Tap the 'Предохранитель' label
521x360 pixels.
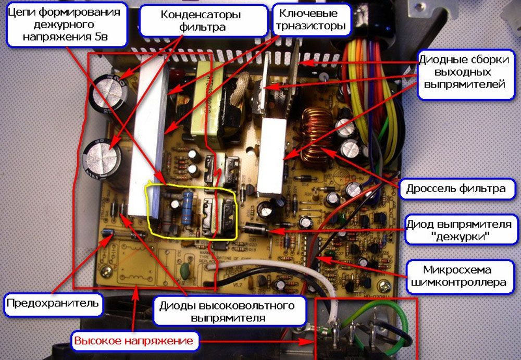click(52, 302)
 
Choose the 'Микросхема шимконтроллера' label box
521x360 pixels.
click(458, 276)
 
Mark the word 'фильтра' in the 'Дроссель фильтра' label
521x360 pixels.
click(481, 188)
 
